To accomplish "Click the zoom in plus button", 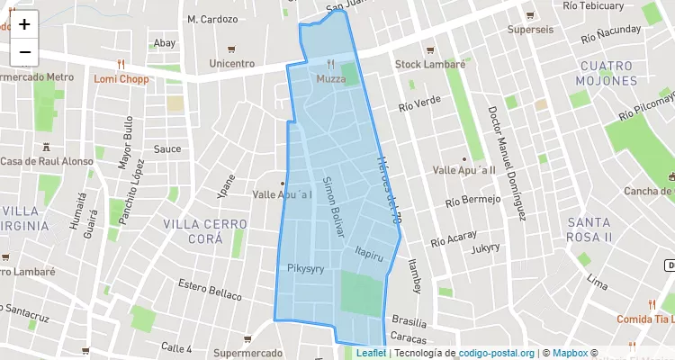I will click(24, 24).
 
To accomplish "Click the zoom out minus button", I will click(24, 52).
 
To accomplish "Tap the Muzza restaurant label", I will click(330, 79).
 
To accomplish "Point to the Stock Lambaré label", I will click(430, 65).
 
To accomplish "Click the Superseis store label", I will click(530, 30).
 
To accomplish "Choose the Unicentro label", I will click(231, 64).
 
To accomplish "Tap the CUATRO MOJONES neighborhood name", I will click(608, 73).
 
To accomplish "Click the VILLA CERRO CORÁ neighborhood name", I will click(204, 230).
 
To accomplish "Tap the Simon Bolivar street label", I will click(334, 206).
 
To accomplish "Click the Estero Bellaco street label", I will click(210, 290).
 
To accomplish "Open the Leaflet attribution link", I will click(371, 354).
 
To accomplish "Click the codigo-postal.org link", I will click(497, 354).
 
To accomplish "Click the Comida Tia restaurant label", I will click(644, 319).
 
